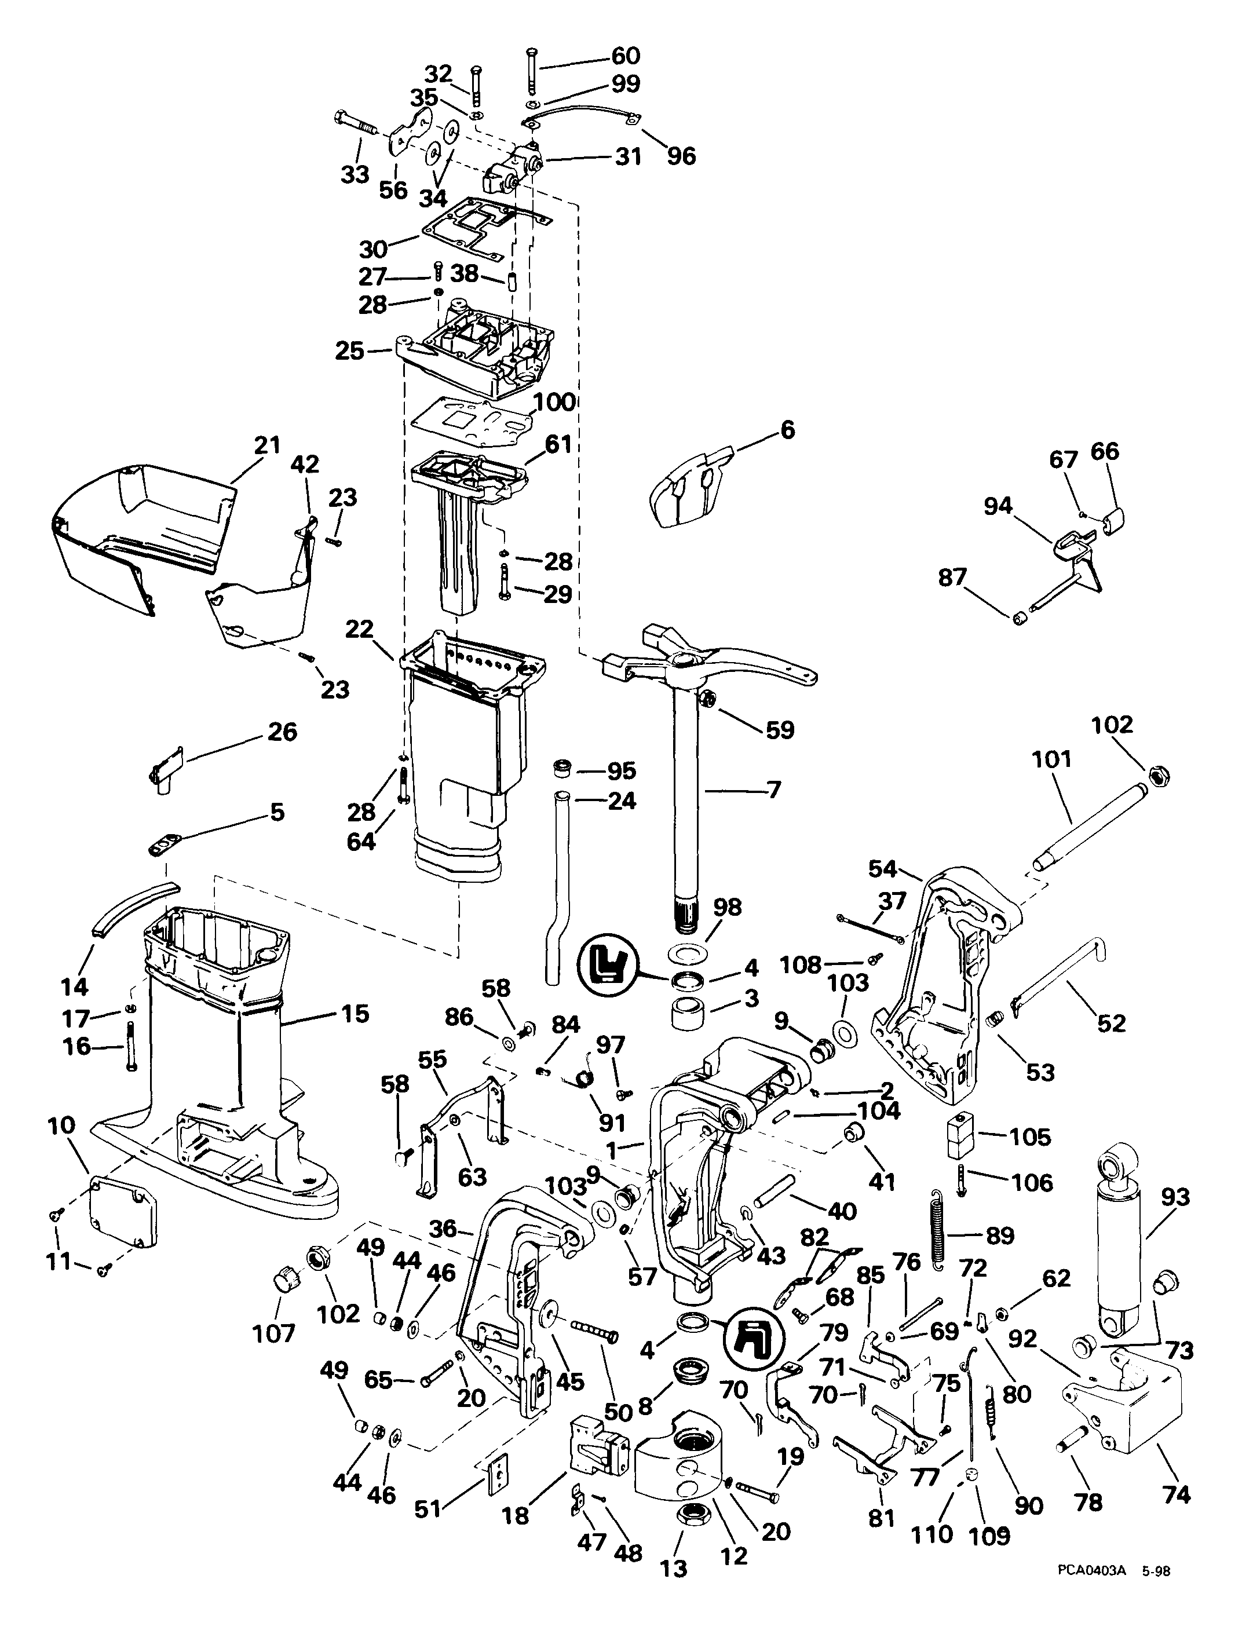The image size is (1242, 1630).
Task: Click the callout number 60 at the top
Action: pos(626,56)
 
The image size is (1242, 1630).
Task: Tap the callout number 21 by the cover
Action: pos(268,446)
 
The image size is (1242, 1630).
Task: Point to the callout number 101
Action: pos(1052,759)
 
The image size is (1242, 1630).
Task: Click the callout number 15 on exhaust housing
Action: pos(355,1014)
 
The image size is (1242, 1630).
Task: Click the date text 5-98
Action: pos(1156,1592)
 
